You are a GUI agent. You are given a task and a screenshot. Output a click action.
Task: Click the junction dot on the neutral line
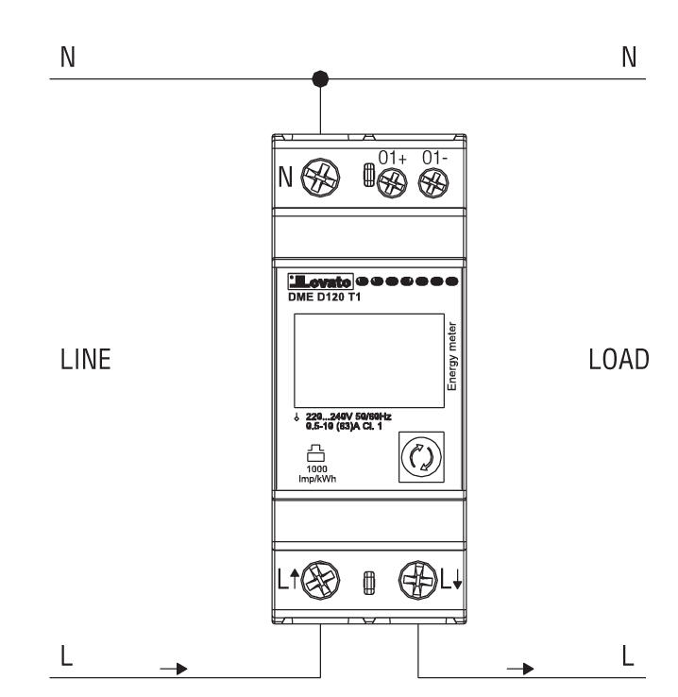(x=322, y=79)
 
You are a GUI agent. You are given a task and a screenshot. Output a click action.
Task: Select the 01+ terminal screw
(x=388, y=182)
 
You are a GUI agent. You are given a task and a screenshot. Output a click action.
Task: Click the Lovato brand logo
(x=322, y=281)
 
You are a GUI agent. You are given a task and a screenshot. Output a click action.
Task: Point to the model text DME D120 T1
(x=326, y=297)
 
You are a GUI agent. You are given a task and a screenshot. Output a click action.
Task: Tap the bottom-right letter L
(x=628, y=654)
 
